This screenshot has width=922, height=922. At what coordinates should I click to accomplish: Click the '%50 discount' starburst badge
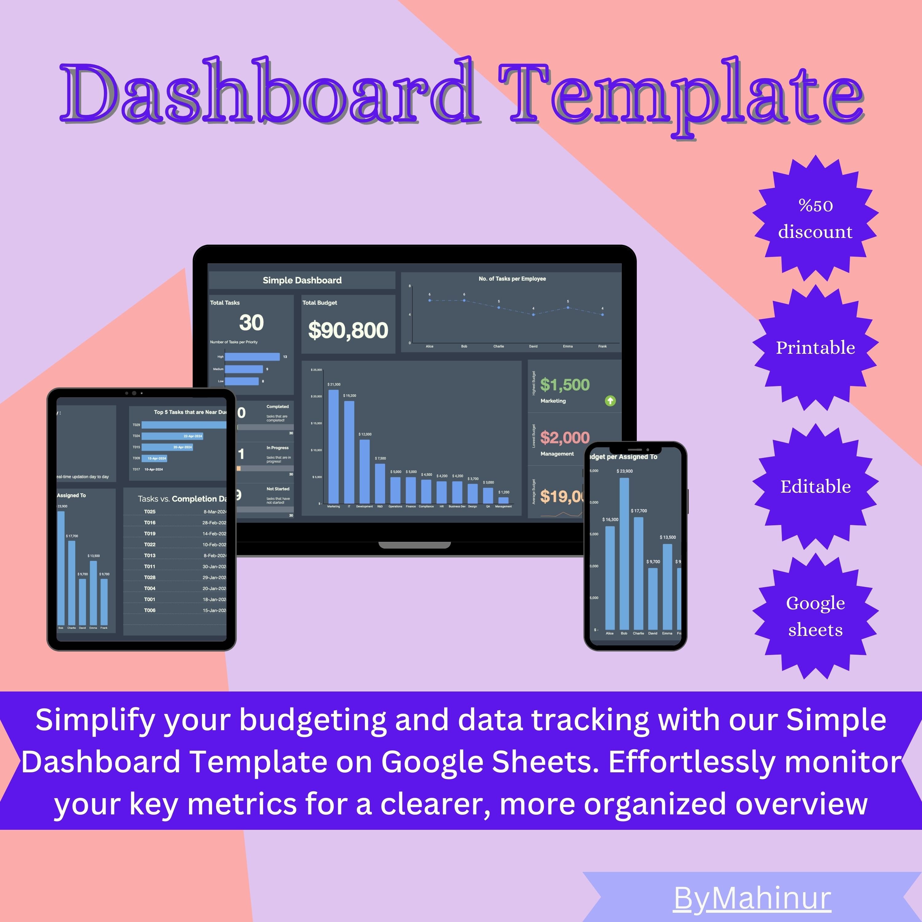[x=815, y=219]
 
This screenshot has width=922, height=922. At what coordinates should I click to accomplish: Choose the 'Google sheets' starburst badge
[x=815, y=616]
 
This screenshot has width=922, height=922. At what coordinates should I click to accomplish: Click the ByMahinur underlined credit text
[x=753, y=898]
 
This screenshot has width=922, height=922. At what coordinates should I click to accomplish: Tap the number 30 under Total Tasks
[x=251, y=323]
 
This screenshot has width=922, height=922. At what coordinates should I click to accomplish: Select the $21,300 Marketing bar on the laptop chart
[x=333, y=446]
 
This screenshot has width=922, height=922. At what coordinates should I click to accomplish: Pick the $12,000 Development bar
[x=364, y=471]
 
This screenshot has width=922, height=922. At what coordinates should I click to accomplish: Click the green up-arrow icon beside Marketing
[x=610, y=401]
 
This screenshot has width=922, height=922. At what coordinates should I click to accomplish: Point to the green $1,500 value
[x=565, y=385]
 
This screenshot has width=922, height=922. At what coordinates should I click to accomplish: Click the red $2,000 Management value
[x=565, y=438]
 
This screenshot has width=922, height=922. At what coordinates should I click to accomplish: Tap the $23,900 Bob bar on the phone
[x=624, y=554]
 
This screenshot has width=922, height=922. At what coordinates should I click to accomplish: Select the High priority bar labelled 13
[x=252, y=357]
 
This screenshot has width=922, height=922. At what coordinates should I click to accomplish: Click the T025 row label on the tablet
[x=150, y=512]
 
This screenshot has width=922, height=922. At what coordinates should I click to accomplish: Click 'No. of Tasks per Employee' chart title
[x=512, y=279]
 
